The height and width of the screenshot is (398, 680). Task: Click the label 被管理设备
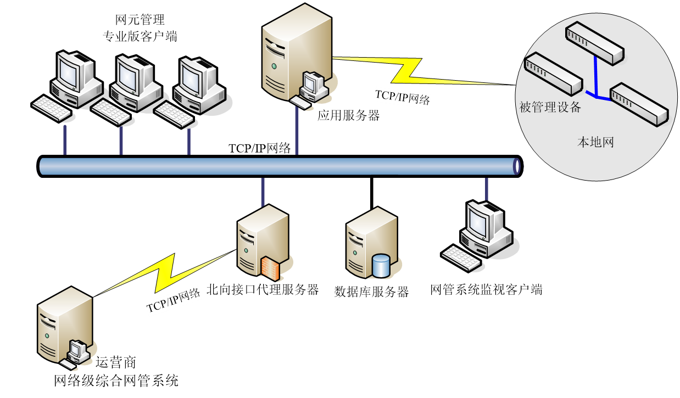(550, 108)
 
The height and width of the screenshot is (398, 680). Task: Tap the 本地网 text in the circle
(595, 143)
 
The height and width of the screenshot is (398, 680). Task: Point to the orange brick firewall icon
(270, 268)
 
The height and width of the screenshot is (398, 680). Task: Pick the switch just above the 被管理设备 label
(553, 72)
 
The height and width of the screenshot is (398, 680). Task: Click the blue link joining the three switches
(597, 82)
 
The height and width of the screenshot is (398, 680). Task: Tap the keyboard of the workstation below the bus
(461, 258)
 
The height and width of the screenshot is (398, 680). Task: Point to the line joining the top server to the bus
(297, 132)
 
